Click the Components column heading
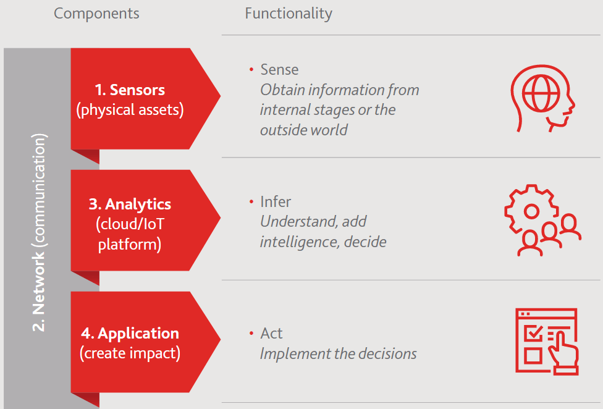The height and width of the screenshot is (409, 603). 96,14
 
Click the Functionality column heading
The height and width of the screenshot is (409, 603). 289,14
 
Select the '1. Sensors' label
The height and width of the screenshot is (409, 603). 130,90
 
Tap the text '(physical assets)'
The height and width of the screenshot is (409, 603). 130,110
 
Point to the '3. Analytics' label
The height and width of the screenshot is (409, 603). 130,204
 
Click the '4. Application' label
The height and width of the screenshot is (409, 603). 130,333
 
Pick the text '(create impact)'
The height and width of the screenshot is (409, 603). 130,353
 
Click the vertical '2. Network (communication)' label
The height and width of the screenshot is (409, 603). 39,232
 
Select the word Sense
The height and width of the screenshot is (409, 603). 279,70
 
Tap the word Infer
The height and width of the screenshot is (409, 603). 276,202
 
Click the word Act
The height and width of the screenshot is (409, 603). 271,333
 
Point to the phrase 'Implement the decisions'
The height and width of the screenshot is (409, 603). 339,353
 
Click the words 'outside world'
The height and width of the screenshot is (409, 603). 304,130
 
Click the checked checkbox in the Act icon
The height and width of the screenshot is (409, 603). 533,333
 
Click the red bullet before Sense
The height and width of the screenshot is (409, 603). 251,70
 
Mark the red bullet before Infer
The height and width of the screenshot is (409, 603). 251,202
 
